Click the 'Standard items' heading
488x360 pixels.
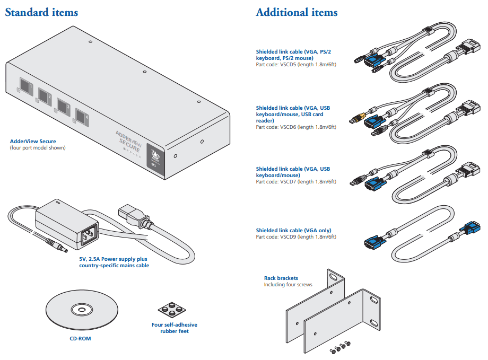tap(41, 12)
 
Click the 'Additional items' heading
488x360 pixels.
tap(297, 12)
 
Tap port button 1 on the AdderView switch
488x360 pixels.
tap(25, 85)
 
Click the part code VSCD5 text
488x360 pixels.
tap(295, 65)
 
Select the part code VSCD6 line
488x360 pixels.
tap(295, 127)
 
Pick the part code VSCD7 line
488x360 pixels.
tap(295, 182)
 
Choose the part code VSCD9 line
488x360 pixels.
tap(295, 236)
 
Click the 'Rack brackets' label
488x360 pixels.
tap(281, 278)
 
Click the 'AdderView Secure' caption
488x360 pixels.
tap(33, 142)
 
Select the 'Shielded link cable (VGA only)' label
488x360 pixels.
tap(293, 230)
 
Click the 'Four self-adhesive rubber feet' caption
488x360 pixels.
tap(175, 328)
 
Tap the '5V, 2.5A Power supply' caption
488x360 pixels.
tap(114, 259)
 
